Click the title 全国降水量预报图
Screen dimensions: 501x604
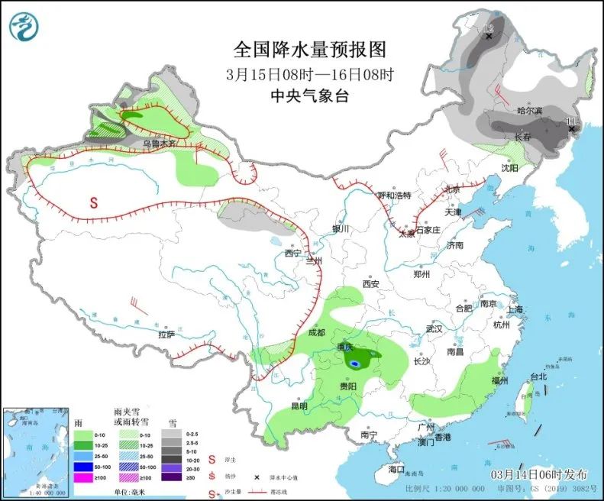[x=309, y=50]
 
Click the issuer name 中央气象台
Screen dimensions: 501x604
[x=309, y=95]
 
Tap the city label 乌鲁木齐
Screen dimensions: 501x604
[x=160, y=143]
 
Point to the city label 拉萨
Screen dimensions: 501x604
[x=166, y=334]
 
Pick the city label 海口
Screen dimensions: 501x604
[x=396, y=468]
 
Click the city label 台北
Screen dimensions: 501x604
[x=538, y=377]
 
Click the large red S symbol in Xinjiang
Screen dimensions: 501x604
[x=94, y=203]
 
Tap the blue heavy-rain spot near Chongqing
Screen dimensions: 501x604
[x=354, y=364]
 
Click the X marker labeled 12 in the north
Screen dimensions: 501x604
[x=489, y=35]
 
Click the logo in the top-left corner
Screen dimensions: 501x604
[x=23, y=26]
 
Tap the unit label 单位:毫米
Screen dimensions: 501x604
[x=132, y=491]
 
